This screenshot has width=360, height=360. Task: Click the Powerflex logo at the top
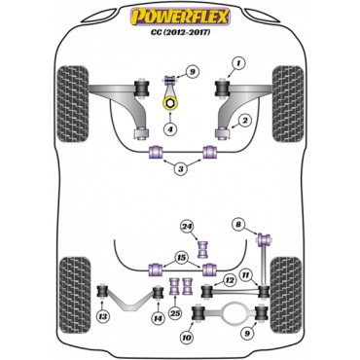(x=180, y=15)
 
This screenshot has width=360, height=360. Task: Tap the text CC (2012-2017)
(x=180, y=31)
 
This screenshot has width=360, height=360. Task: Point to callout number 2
(x=245, y=120)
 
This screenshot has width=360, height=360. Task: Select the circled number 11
(x=246, y=275)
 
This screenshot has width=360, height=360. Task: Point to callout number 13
(x=102, y=317)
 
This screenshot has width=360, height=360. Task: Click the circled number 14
(x=157, y=318)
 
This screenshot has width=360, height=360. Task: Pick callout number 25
(x=176, y=312)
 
